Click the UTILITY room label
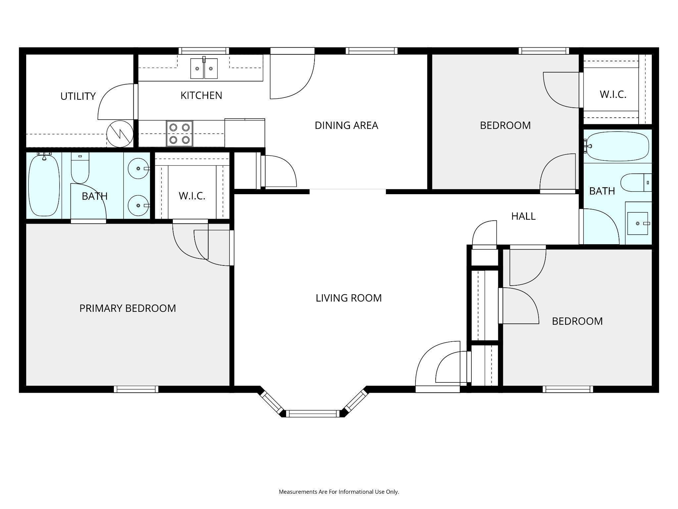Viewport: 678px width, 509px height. point(78,96)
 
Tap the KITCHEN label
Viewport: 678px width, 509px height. point(201,95)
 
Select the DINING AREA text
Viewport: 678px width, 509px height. point(346,125)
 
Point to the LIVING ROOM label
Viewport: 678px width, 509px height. point(349,298)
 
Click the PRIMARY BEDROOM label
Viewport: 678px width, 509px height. point(127,308)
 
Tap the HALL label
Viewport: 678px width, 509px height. point(523,216)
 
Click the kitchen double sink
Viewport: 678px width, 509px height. point(204,68)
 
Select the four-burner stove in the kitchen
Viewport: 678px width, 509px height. point(179,134)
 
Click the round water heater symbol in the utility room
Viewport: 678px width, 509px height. point(120,134)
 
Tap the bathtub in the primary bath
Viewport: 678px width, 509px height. point(44,186)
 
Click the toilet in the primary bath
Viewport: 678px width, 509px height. point(80,168)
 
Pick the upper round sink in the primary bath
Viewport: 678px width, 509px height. point(138,169)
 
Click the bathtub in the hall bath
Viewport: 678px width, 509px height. point(616,146)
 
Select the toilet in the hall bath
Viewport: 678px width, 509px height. point(636,183)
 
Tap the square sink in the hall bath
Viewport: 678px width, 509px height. point(638,223)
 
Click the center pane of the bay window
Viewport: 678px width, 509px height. point(313,414)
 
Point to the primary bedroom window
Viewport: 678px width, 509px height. point(136,389)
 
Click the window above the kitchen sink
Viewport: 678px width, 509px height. point(204,51)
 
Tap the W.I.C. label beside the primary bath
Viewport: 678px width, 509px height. point(192,196)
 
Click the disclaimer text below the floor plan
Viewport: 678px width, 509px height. point(339,492)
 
